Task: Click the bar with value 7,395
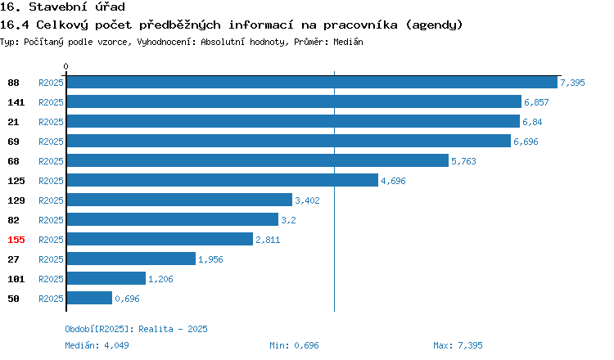tap(312, 82)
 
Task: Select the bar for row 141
tap(294, 101)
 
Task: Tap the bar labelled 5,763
tap(258, 160)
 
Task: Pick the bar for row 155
tap(160, 239)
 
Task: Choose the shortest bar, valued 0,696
tap(89, 298)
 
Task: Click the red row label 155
tap(16, 240)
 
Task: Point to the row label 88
tap(13, 83)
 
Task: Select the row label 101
tap(16, 279)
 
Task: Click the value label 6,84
tap(532, 122)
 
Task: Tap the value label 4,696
tap(393, 181)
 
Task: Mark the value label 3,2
tap(288, 220)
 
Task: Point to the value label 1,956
tap(210, 259)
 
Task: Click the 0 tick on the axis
tap(65, 66)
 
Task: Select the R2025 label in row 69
tap(51, 142)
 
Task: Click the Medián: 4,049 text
tap(97, 345)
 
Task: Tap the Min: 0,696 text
tap(294, 345)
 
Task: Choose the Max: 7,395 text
tap(458, 345)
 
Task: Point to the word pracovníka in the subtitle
tap(360, 25)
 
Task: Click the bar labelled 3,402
tap(179, 200)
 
